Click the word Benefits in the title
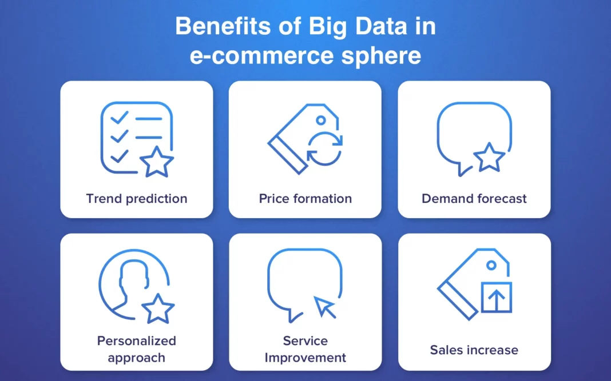tap(223, 26)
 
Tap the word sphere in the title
tap(381, 56)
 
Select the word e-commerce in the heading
tap(261, 55)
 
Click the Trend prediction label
tap(137, 198)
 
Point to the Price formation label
tap(305, 198)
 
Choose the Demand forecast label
tap(474, 198)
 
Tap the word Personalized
tap(137, 340)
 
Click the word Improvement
tap(305, 357)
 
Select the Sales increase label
tap(474, 350)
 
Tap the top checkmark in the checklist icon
tap(119, 117)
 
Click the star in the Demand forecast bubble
tap(489, 158)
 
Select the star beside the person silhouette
tap(158, 310)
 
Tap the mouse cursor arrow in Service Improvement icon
tap(324, 307)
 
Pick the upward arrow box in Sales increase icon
tap(497, 298)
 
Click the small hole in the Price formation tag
tap(321, 121)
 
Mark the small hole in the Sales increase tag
tap(491, 266)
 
